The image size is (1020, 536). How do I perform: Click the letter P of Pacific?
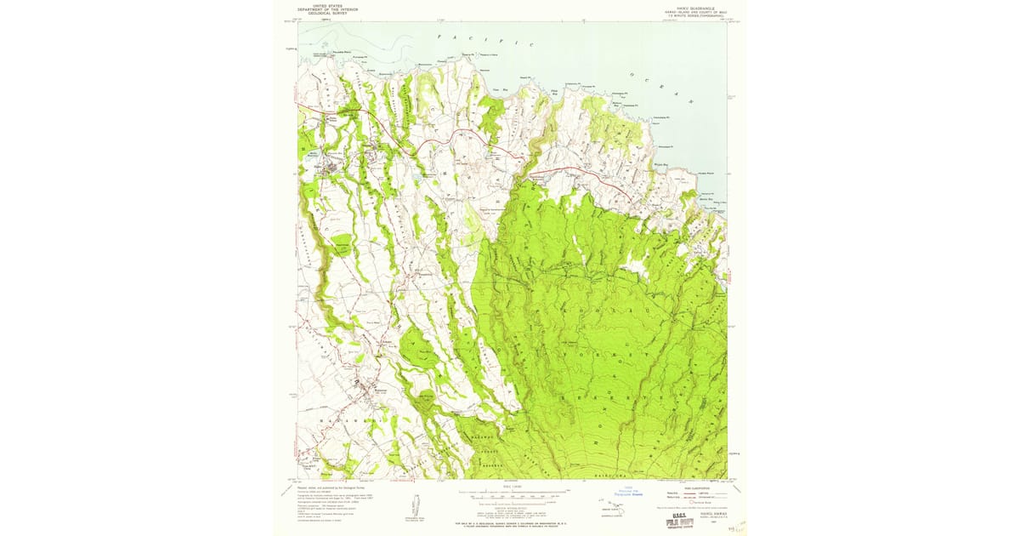pos(440,37)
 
